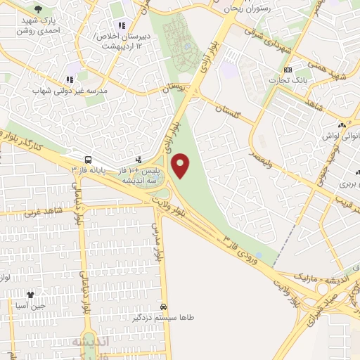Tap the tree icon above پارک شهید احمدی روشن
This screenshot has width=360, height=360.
[x=38, y=9]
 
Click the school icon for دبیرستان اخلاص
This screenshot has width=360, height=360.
[x=122, y=26]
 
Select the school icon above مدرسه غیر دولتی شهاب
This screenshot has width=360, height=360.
[x=69, y=79]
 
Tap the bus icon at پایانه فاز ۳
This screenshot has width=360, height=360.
[x=88, y=160]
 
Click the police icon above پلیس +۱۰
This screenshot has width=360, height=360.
[x=139, y=160]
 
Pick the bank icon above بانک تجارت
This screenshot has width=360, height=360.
[x=288, y=70]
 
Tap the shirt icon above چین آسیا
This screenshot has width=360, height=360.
[x=30, y=295]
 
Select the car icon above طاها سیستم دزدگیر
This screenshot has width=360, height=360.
[x=163, y=307]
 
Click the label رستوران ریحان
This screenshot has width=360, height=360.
[x=248, y=8]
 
